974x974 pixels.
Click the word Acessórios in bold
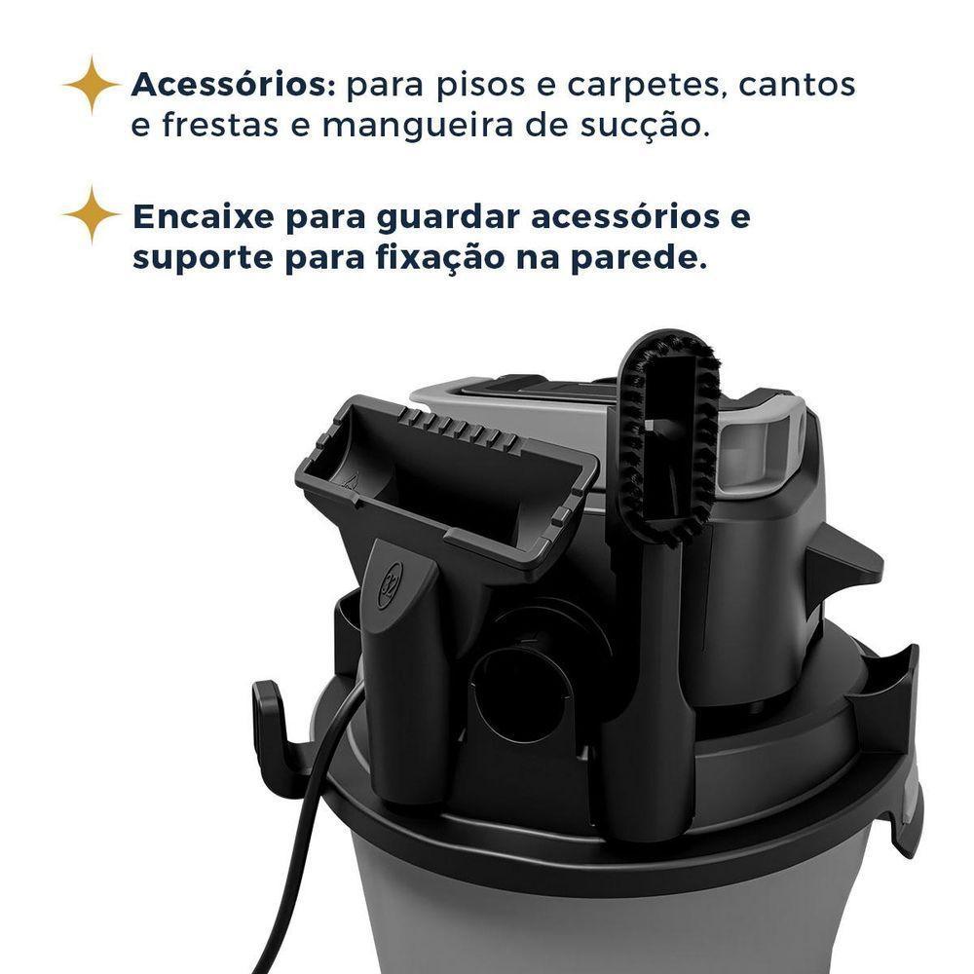tap(233, 86)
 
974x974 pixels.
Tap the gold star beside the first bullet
tap(92, 85)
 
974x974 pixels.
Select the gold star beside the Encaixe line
tap(92, 214)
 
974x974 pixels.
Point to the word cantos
tap(797, 86)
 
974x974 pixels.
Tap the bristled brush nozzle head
tap(670, 433)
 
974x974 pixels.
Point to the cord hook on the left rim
tap(270, 726)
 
